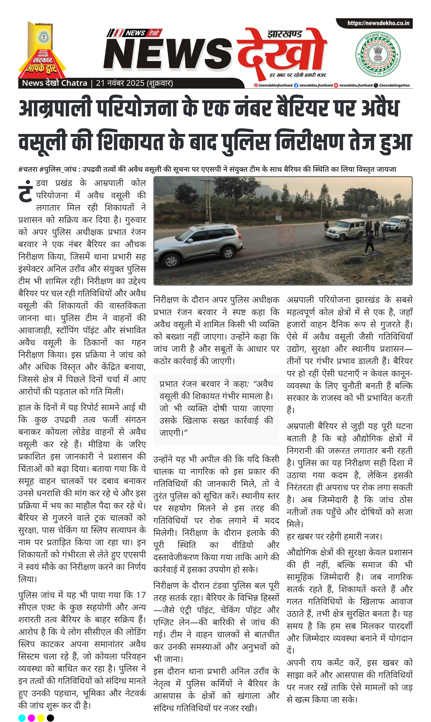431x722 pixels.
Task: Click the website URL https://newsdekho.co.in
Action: click(x=378, y=23)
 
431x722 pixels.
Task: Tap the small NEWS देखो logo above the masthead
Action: click(x=134, y=33)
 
